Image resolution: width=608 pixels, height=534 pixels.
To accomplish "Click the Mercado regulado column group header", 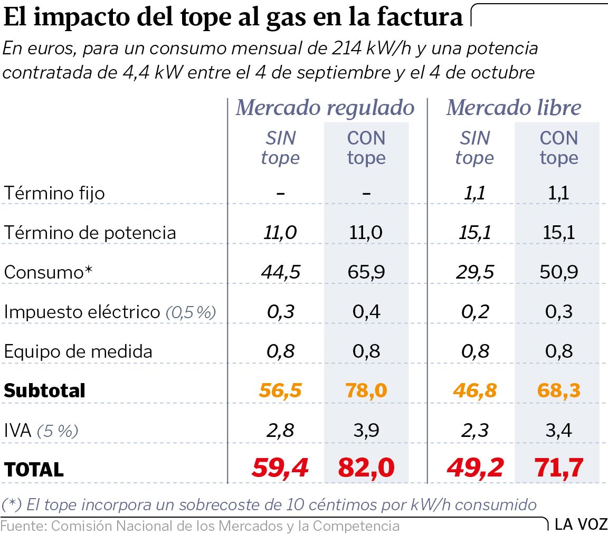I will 325,108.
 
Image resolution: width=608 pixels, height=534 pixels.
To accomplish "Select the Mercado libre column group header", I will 513,108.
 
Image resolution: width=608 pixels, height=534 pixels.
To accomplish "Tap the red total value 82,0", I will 366,468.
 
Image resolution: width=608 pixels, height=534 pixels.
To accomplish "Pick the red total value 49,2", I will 475,468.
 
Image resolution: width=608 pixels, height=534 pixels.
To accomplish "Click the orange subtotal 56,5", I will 280,390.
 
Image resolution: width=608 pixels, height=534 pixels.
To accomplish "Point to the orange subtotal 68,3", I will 558,390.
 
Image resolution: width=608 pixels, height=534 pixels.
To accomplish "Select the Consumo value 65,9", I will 366,272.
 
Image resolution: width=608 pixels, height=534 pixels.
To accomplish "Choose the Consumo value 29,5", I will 475,272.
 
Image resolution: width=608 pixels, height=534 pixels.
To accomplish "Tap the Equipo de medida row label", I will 78,351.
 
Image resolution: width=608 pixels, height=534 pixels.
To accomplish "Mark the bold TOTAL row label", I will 34,469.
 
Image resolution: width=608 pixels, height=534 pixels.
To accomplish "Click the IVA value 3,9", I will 366,431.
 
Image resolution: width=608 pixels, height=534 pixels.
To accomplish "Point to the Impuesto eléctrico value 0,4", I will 366,312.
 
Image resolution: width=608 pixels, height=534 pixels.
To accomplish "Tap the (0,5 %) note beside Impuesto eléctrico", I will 191,312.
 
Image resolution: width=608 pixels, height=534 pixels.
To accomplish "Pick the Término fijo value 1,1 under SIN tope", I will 475,193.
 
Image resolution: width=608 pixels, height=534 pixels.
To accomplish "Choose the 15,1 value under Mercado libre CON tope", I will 558,233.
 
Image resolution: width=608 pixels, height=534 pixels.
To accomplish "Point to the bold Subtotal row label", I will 44,391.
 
